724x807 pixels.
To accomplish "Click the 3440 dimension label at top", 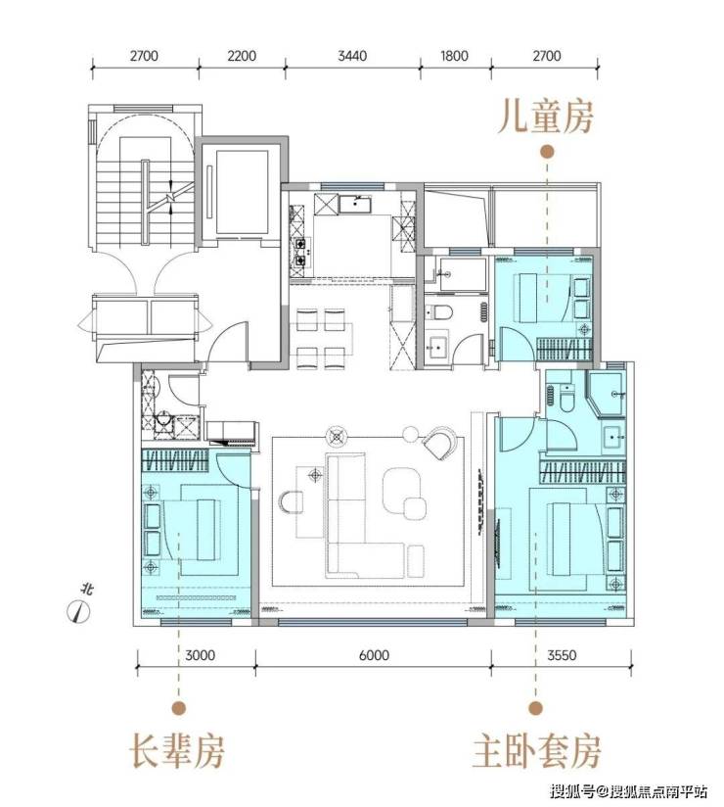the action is pyautogui.click(x=352, y=56).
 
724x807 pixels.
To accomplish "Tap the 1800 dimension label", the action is pyautogui.click(x=455, y=56).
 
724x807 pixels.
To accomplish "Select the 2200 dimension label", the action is pyautogui.click(x=242, y=56).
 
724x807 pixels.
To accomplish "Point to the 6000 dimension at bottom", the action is pyautogui.click(x=374, y=655).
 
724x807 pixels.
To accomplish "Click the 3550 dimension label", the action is pyautogui.click(x=562, y=655).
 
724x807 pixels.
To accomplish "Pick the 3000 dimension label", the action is pyautogui.click(x=200, y=655).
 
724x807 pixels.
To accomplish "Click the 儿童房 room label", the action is pyautogui.click(x=546, y=117).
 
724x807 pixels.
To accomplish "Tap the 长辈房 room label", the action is pyautogui.click(x=176, y=752).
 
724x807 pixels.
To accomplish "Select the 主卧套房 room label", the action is pyautogui.click(x=536, y=752).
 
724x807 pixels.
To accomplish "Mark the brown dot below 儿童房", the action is pyautogui.click(x=547, y=152).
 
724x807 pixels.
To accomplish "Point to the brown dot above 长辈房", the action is pyautogui.click(x=178, y=708).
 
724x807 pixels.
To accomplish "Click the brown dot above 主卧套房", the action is pyautogui.click(x=536, y=708).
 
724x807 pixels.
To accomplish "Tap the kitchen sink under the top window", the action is pyautogui.click(x=355, y=204).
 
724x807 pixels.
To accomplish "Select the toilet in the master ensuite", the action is pyautogui.click(x=566, y=399).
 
